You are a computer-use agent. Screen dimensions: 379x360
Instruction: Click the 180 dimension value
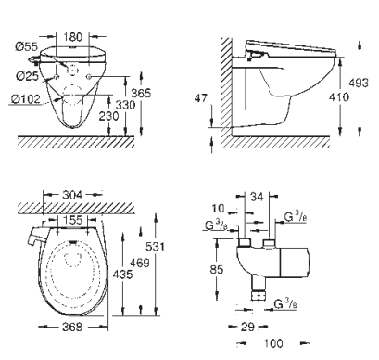[73, 37]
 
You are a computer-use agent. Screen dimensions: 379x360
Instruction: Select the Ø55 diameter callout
[27, 46]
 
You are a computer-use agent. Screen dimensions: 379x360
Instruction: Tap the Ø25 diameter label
[28, 76]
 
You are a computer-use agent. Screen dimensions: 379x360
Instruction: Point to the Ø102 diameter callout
[26, 99]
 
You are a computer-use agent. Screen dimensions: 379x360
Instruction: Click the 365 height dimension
[141, 93]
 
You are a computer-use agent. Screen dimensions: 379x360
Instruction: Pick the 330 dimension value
[125, 105]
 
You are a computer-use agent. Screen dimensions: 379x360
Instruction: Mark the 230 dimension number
[108, 116]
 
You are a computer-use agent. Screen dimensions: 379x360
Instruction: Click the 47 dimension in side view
[201, 98]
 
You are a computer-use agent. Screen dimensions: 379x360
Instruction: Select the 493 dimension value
[359, 83]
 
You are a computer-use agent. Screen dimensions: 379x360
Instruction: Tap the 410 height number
[339, 97]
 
